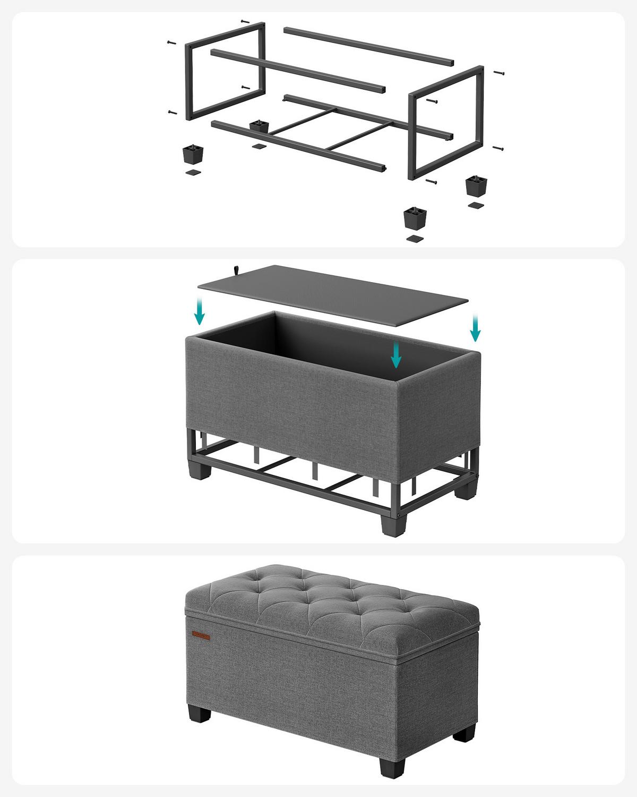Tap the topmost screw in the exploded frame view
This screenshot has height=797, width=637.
(245, 21)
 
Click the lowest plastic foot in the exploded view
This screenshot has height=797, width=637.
(415, 217)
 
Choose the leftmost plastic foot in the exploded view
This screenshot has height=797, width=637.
(193, 155)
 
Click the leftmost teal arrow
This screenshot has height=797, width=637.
(199, 311)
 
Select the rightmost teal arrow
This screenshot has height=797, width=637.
(475, 327)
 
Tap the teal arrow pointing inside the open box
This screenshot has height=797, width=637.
(395, 355)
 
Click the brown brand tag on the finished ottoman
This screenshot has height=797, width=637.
(201, 635)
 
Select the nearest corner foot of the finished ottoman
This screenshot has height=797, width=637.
(392, 765)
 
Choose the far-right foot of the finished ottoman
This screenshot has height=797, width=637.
(465, 733)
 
